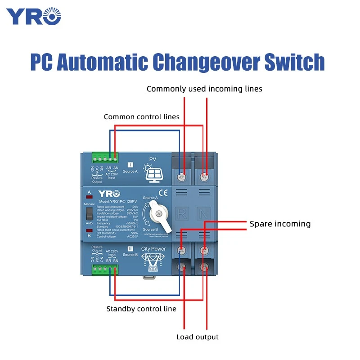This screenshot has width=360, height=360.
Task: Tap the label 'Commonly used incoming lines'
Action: (204, 89)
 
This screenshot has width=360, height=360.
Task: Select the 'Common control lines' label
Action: (142, 117)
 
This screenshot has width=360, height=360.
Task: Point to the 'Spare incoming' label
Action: (280, 224)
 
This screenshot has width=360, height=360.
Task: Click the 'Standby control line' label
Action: (141, 309)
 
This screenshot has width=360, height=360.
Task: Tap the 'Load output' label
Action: (197, 337)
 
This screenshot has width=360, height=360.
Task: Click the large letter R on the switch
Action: (182, 213)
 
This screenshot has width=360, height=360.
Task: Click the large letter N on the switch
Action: (205, 213)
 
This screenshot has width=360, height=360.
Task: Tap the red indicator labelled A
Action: (89, 196)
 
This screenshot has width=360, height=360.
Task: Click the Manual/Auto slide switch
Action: (89, 214)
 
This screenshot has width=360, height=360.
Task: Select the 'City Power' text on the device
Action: (153, 248)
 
